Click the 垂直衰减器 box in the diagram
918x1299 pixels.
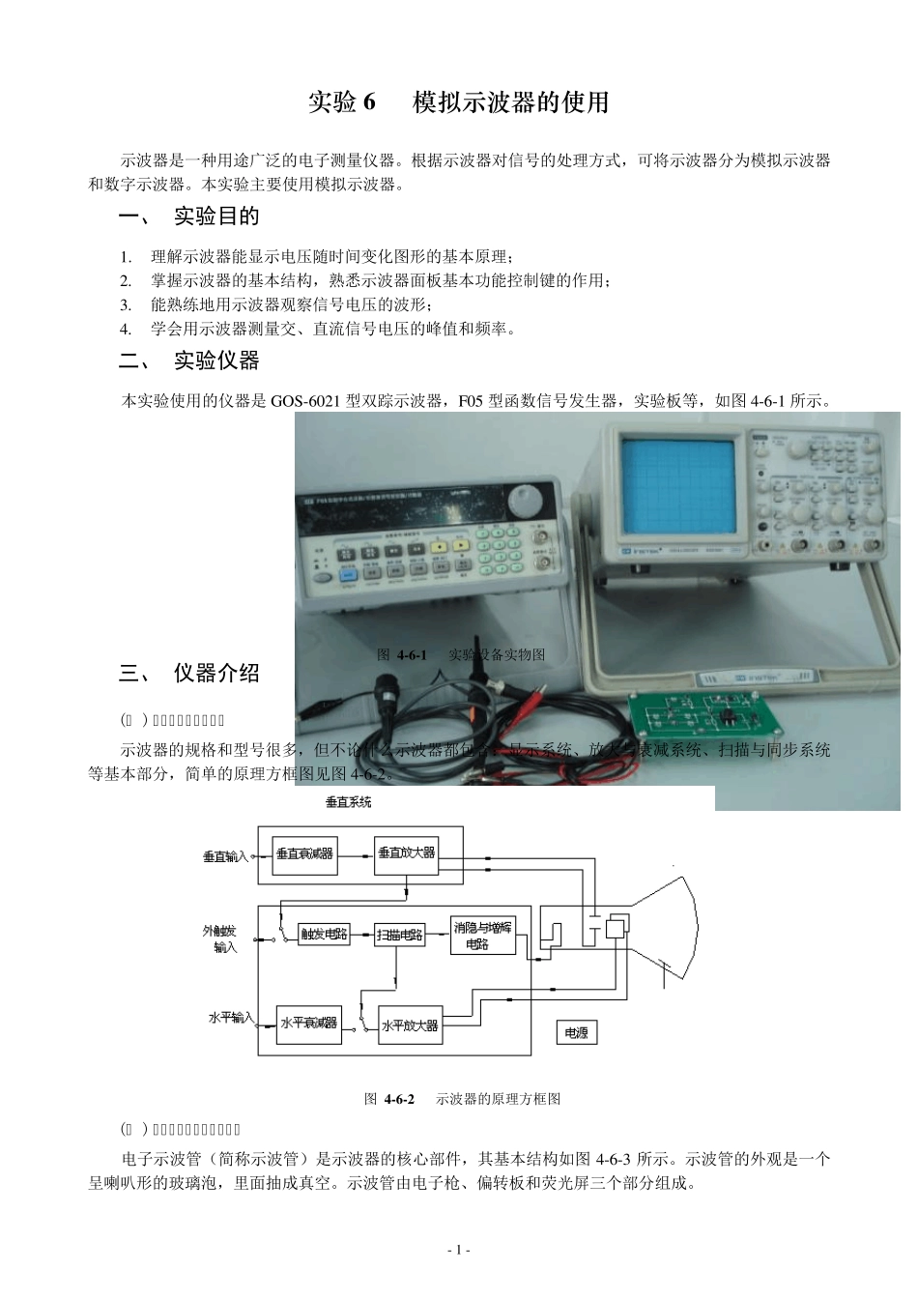tap(304, 854)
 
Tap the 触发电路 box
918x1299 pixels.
tap(324, 935)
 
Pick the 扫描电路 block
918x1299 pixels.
tap(400, 935)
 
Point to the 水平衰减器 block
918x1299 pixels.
tap(308, 1023)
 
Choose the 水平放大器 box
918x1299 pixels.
tap(410, 1025)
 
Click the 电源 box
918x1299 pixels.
tap(576, 1033)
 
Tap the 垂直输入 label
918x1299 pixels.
tap(225, 856)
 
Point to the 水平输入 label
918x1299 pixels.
tap(231, 1018)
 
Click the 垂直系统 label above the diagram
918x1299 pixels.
tap(348, 802)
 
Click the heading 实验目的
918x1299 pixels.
tap(216, 216)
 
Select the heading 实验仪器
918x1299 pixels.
tap(216, 361)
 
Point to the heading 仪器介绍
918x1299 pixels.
tap(216, 673)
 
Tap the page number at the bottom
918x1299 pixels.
tap(459, 1251)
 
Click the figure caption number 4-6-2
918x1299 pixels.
tap(399, 1099)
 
